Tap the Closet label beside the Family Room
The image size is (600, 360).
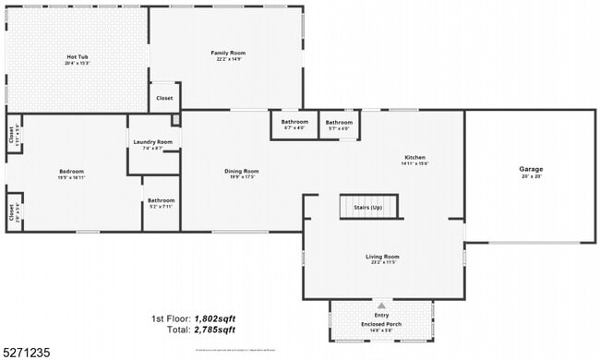164,98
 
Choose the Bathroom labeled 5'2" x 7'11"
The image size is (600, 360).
161,203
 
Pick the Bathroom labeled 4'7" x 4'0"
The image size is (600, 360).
294,125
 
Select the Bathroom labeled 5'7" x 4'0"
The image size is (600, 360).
338,125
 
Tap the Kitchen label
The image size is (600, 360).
414,160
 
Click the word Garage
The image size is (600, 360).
531,170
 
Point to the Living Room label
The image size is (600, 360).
382,258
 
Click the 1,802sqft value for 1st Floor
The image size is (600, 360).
214,318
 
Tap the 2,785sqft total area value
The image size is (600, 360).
214,330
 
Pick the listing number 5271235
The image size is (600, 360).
27,352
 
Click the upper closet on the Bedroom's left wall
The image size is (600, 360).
13,134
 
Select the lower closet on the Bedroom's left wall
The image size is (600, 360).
13,212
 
